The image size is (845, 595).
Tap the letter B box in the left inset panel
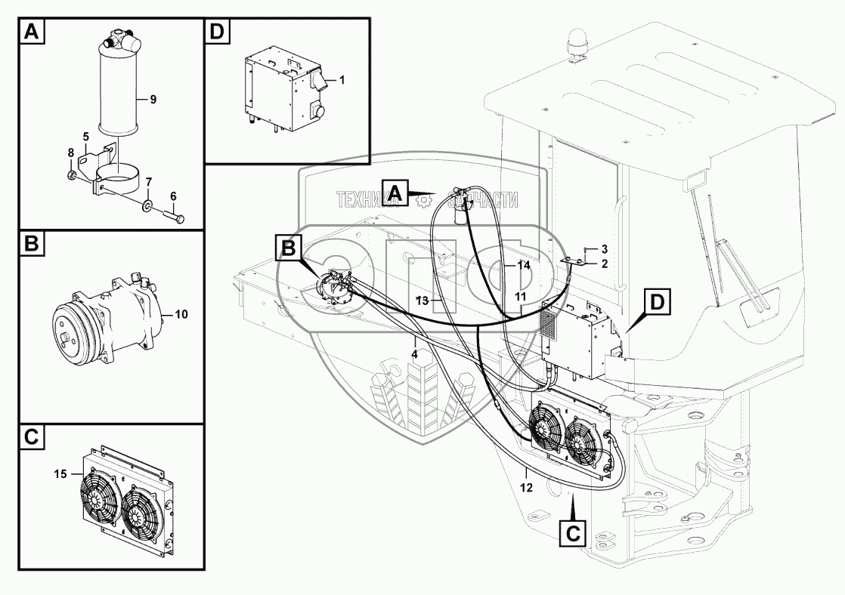click(x=32, y=244)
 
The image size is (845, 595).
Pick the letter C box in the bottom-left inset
click(x=32, y=437)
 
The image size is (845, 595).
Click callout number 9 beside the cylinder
click(x=153, y=100)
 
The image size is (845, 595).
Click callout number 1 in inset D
click(x=342, y=79)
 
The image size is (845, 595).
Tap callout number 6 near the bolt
click(x=173, y=196)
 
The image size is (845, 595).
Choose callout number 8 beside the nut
click(x=70, y=153)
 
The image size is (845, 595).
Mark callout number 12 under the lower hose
click(x=526, y=487)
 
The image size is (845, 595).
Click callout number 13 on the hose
click(x=422, y=300)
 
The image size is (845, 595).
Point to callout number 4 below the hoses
click(x=415, y=353)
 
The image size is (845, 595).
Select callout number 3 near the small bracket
click(x=604, y=248)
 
